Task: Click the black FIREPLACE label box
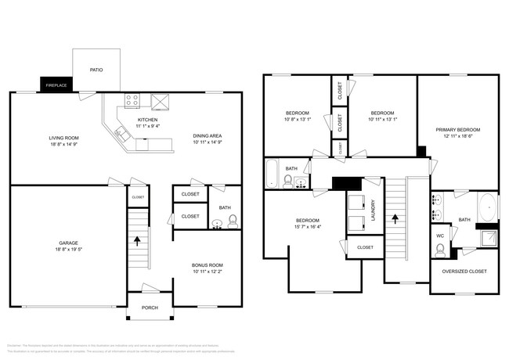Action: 56,85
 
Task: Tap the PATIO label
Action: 96,70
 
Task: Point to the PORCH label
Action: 149,308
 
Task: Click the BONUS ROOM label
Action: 208,265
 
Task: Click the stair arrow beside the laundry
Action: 395,221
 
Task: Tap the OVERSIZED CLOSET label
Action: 464,271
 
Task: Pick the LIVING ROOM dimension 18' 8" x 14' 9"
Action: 63,145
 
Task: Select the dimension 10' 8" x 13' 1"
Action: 297,120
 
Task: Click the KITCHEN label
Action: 149,119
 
